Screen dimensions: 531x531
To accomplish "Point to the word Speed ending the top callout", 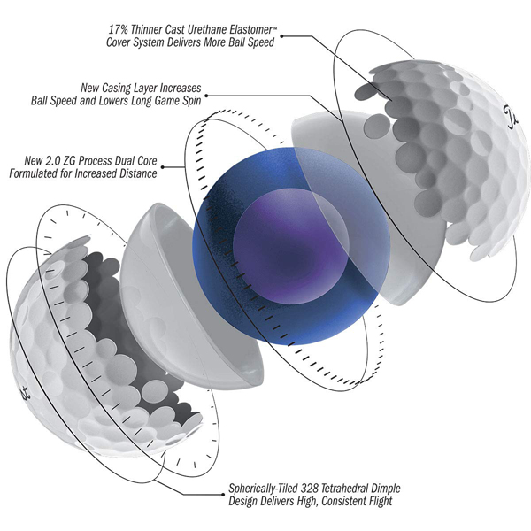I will [x=256, y=42].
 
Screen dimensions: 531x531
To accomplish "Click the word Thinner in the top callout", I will [x=145, y=27].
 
